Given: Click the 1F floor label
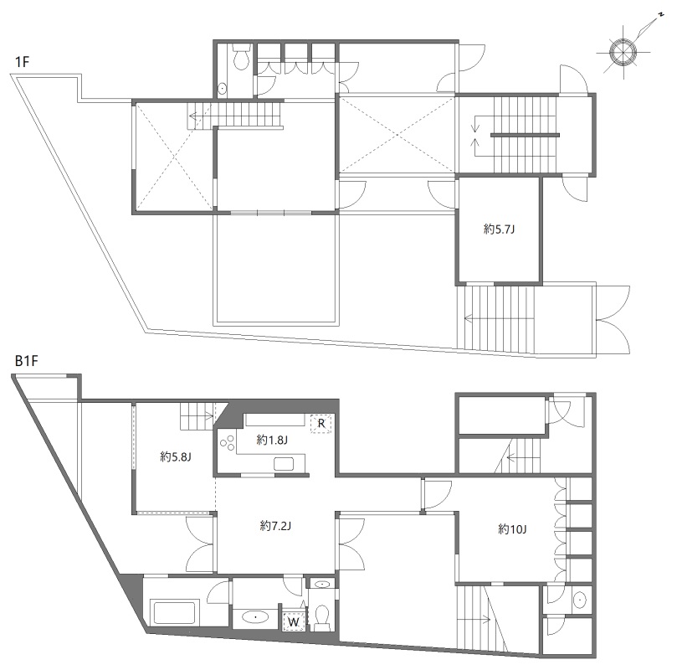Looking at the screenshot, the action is tap(22, 62).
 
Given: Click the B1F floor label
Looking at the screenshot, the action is tap(26, 361).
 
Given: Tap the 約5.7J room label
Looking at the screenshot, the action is tap(499, 229).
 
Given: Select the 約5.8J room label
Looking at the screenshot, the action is tap(175, 456).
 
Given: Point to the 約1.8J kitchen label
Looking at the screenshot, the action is tap(272, 441).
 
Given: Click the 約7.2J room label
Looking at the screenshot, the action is tap(275, 526).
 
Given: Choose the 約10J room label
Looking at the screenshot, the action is tap(512, 529).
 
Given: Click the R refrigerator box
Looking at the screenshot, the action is tap(321, 423).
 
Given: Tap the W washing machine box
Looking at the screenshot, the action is tap(294, 622).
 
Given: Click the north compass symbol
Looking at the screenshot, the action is tap(623, 52).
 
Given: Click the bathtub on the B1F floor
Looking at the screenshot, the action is tap(174, 611).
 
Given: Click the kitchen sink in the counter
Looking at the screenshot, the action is tap(284, 464).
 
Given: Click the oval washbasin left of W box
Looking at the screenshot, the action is tap(255, 617).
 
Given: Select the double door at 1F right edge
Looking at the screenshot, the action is tap(614, 320).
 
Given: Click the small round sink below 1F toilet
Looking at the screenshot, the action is tap(222, 89).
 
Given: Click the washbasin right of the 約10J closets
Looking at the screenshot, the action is tap(579, 600).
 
